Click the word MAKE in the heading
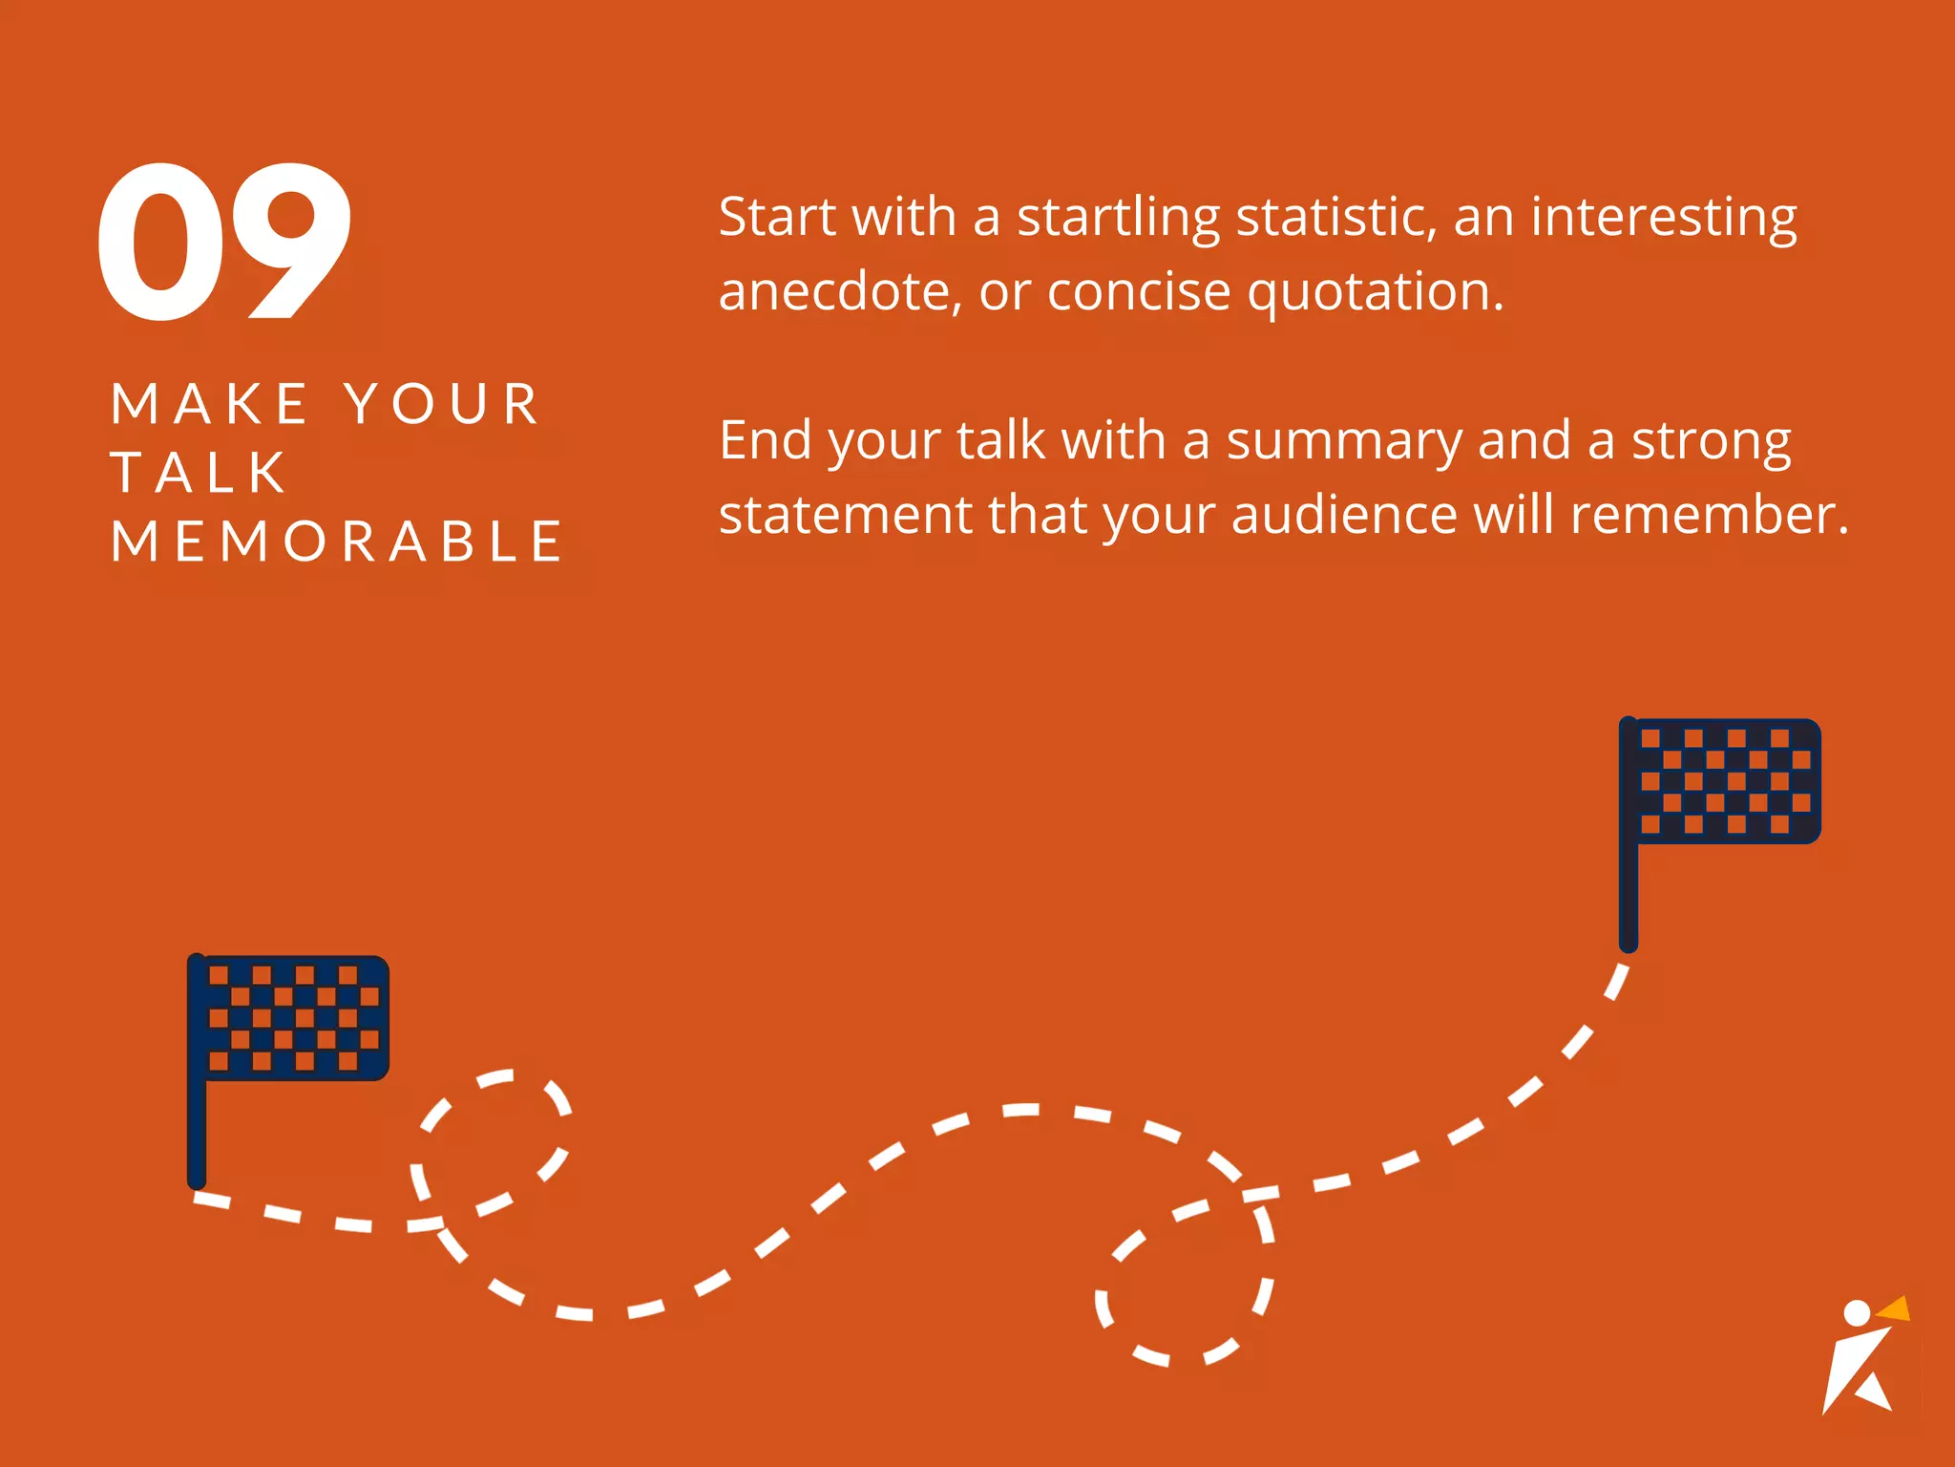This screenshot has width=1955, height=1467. pos(209,404)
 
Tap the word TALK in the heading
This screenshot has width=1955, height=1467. pos(199,473)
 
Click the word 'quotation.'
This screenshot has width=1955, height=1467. pos(1376,293)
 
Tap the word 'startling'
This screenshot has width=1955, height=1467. pos(1118,219)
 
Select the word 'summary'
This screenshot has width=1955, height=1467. pos(1344,442)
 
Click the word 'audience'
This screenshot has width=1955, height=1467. pos(1345,515)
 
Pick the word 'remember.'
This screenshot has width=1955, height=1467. pos(1710,515)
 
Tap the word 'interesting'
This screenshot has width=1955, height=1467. pos(1664,219)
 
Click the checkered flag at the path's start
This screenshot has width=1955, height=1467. pos(297,1018)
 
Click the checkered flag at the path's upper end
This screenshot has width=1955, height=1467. pos(1729,781)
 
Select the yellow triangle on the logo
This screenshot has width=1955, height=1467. pos(1896,1309)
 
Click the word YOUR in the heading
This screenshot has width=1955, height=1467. pos(443,404)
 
